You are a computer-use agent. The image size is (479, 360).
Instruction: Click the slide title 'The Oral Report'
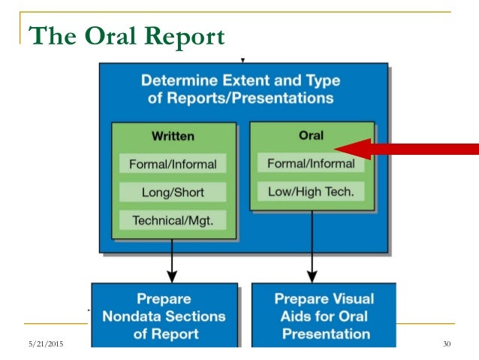[x=125, y=36]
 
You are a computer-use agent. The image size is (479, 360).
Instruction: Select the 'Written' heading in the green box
[x=173, y=136]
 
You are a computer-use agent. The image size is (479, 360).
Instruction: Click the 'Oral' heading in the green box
[x=311, y=135]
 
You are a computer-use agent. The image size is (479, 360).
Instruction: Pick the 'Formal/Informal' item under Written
[x=173, y=164]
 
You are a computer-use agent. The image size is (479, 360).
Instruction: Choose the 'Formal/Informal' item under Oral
[x=311, y=163]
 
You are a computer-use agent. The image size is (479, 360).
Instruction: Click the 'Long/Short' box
[x=173, y=192]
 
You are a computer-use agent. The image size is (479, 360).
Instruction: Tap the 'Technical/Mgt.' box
[x=173, y=220]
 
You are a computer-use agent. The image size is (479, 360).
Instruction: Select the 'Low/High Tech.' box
[x=311, y=192]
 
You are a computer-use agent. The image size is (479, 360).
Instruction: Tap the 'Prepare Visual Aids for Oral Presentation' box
[x=323, y=315]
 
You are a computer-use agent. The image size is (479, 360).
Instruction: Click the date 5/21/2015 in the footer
[x=44, y=344]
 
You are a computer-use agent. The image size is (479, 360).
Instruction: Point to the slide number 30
[x=447, y=344]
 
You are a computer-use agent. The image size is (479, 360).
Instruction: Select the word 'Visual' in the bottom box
[x=348, y=298]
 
